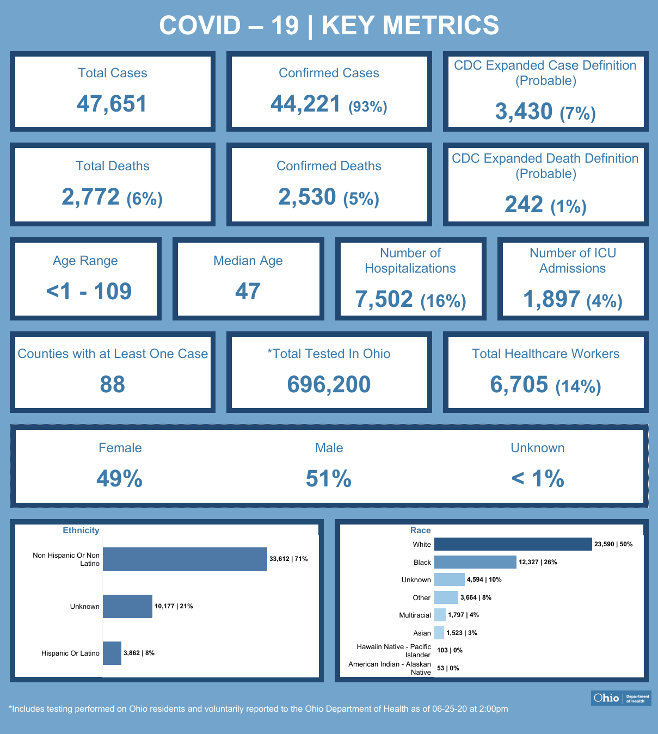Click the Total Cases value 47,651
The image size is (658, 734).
point(112,104)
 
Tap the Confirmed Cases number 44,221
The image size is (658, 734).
point(306,104)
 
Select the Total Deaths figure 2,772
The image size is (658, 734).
point(90,197)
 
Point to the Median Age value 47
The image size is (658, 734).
point(248,292)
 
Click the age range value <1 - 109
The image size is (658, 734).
point(89,292)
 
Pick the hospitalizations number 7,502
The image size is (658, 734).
point(384,299)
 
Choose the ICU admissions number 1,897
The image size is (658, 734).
point(552,299)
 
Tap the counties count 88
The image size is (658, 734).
point(113,385)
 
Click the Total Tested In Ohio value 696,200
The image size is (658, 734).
point(329,385)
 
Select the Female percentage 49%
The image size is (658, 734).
point(120,479)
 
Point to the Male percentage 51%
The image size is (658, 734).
point(329,479)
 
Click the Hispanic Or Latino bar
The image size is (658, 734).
point(112,653)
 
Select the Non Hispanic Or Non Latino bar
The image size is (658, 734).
point(185,559)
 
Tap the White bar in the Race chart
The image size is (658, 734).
point(513,544)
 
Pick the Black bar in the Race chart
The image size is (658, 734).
point(475,562)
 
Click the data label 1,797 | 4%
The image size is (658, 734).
point(463,615)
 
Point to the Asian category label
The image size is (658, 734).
point(422,633)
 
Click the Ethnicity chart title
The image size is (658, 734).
point(81,531)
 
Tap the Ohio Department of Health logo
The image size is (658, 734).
point(621,698)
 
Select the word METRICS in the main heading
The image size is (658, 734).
point(410,26)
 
